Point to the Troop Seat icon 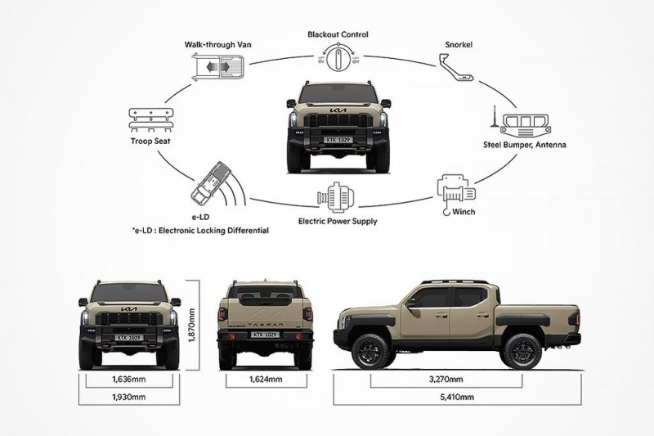click(x=150, y=119)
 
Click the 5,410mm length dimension click(x=457, y=397)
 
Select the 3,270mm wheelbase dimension click(x=457, y=380)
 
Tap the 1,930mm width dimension click(x=128, y=397)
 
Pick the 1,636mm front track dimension click(x=128, y=380)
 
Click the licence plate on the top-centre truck click(x=338, y=140)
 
